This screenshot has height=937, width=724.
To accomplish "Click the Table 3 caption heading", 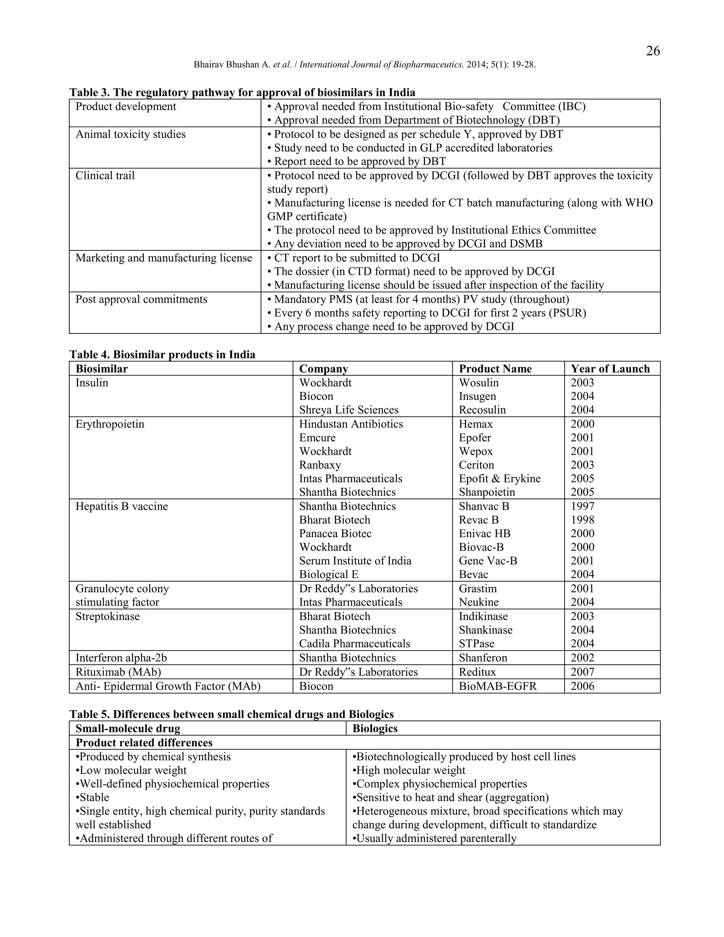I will pyautogui.click(x=242, y=92).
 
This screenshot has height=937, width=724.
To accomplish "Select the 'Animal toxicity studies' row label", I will pyautogui.click(x=130, y=134).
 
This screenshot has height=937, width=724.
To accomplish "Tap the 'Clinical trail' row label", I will pyautogui.click(x=105, y=175).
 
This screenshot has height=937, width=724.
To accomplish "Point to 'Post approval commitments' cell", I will pyautogui.click(x=141, y=299).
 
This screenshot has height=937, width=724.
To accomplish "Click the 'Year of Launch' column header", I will pyautogui.click(x=610, y=368).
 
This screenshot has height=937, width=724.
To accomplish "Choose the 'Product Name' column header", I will pyautogui.click(x=495, y=368).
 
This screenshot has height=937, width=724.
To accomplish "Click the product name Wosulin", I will pyautogui.click(x=479, y=382).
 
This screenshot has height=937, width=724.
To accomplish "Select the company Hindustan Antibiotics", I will pyautogui.click(x=351, y=424).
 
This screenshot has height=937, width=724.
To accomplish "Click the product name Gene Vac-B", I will pyautogui.click(x=487, y=561).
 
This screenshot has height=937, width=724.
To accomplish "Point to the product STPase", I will pyautogui.click(x=476, y=644).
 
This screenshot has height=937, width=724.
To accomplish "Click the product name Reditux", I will pyautogui.click(x=477, y=672).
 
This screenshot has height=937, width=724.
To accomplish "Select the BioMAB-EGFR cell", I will pyautogui.click(x=497, y=686).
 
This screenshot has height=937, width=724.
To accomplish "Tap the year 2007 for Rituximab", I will pyautogui.click(x=582, y=672).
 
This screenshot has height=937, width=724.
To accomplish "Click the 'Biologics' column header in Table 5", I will pyautogui.click(x=375, y=728).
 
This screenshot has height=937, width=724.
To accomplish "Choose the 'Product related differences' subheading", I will pyautogui.click(x=144, y=742).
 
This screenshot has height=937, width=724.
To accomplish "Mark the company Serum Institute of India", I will pyautogui.click(x=355, y=561).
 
